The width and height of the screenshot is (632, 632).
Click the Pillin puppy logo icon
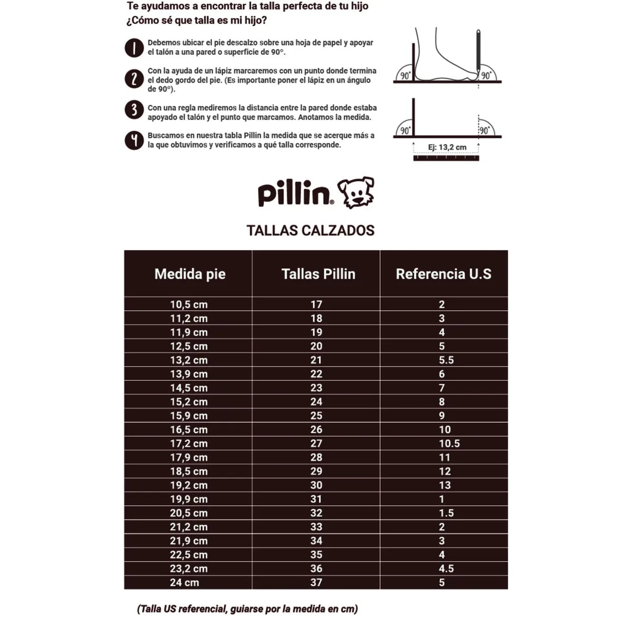[x=356, y=193]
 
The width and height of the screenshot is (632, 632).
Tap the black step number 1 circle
[x=134, y=48]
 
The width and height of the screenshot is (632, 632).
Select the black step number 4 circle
[x=134, y=141]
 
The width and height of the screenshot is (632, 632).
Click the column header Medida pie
[x=190, y=274]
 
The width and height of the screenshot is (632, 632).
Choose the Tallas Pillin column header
[x=318, y=274]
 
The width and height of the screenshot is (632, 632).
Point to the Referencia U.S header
[x=443, y=274]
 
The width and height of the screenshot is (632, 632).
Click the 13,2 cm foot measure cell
[x=189, y=360]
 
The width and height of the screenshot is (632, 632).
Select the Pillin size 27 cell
[x=316, y=443]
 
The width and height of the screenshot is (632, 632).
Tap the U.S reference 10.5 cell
[x=449, y=443]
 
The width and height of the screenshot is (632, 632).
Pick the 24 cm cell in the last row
[x=184, y=582]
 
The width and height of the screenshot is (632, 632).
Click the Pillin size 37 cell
[x=316, y=582]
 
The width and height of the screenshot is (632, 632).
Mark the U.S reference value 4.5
[x=446, y=569]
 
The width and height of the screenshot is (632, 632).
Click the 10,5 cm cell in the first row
[x=189, y=304]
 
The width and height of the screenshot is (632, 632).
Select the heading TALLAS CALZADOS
[x=310, y=231]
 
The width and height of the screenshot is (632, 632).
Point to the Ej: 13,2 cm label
[x=447, y=147]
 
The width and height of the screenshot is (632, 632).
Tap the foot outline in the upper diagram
[x=442, y=58]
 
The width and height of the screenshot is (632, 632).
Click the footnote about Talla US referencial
[x=248, y=609]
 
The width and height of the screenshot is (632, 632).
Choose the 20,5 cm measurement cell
[x=189, y=513]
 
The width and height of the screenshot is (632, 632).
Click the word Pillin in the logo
[x=294, y=194]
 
